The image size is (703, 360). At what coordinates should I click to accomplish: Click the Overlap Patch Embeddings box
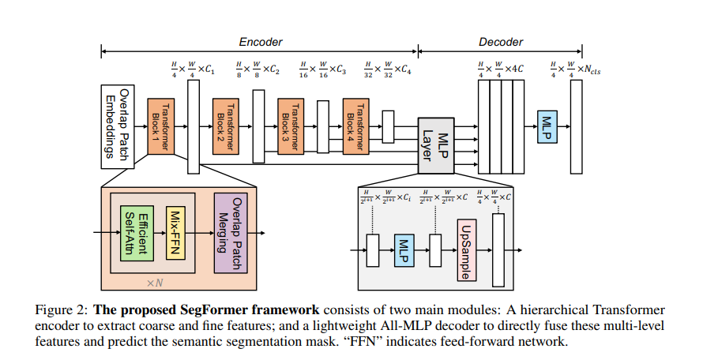[116, 126]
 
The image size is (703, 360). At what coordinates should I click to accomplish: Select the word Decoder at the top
[501, 42]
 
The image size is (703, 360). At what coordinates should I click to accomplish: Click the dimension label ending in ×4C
[502, 70]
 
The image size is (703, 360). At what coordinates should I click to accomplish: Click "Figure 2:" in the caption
[64, 309]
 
